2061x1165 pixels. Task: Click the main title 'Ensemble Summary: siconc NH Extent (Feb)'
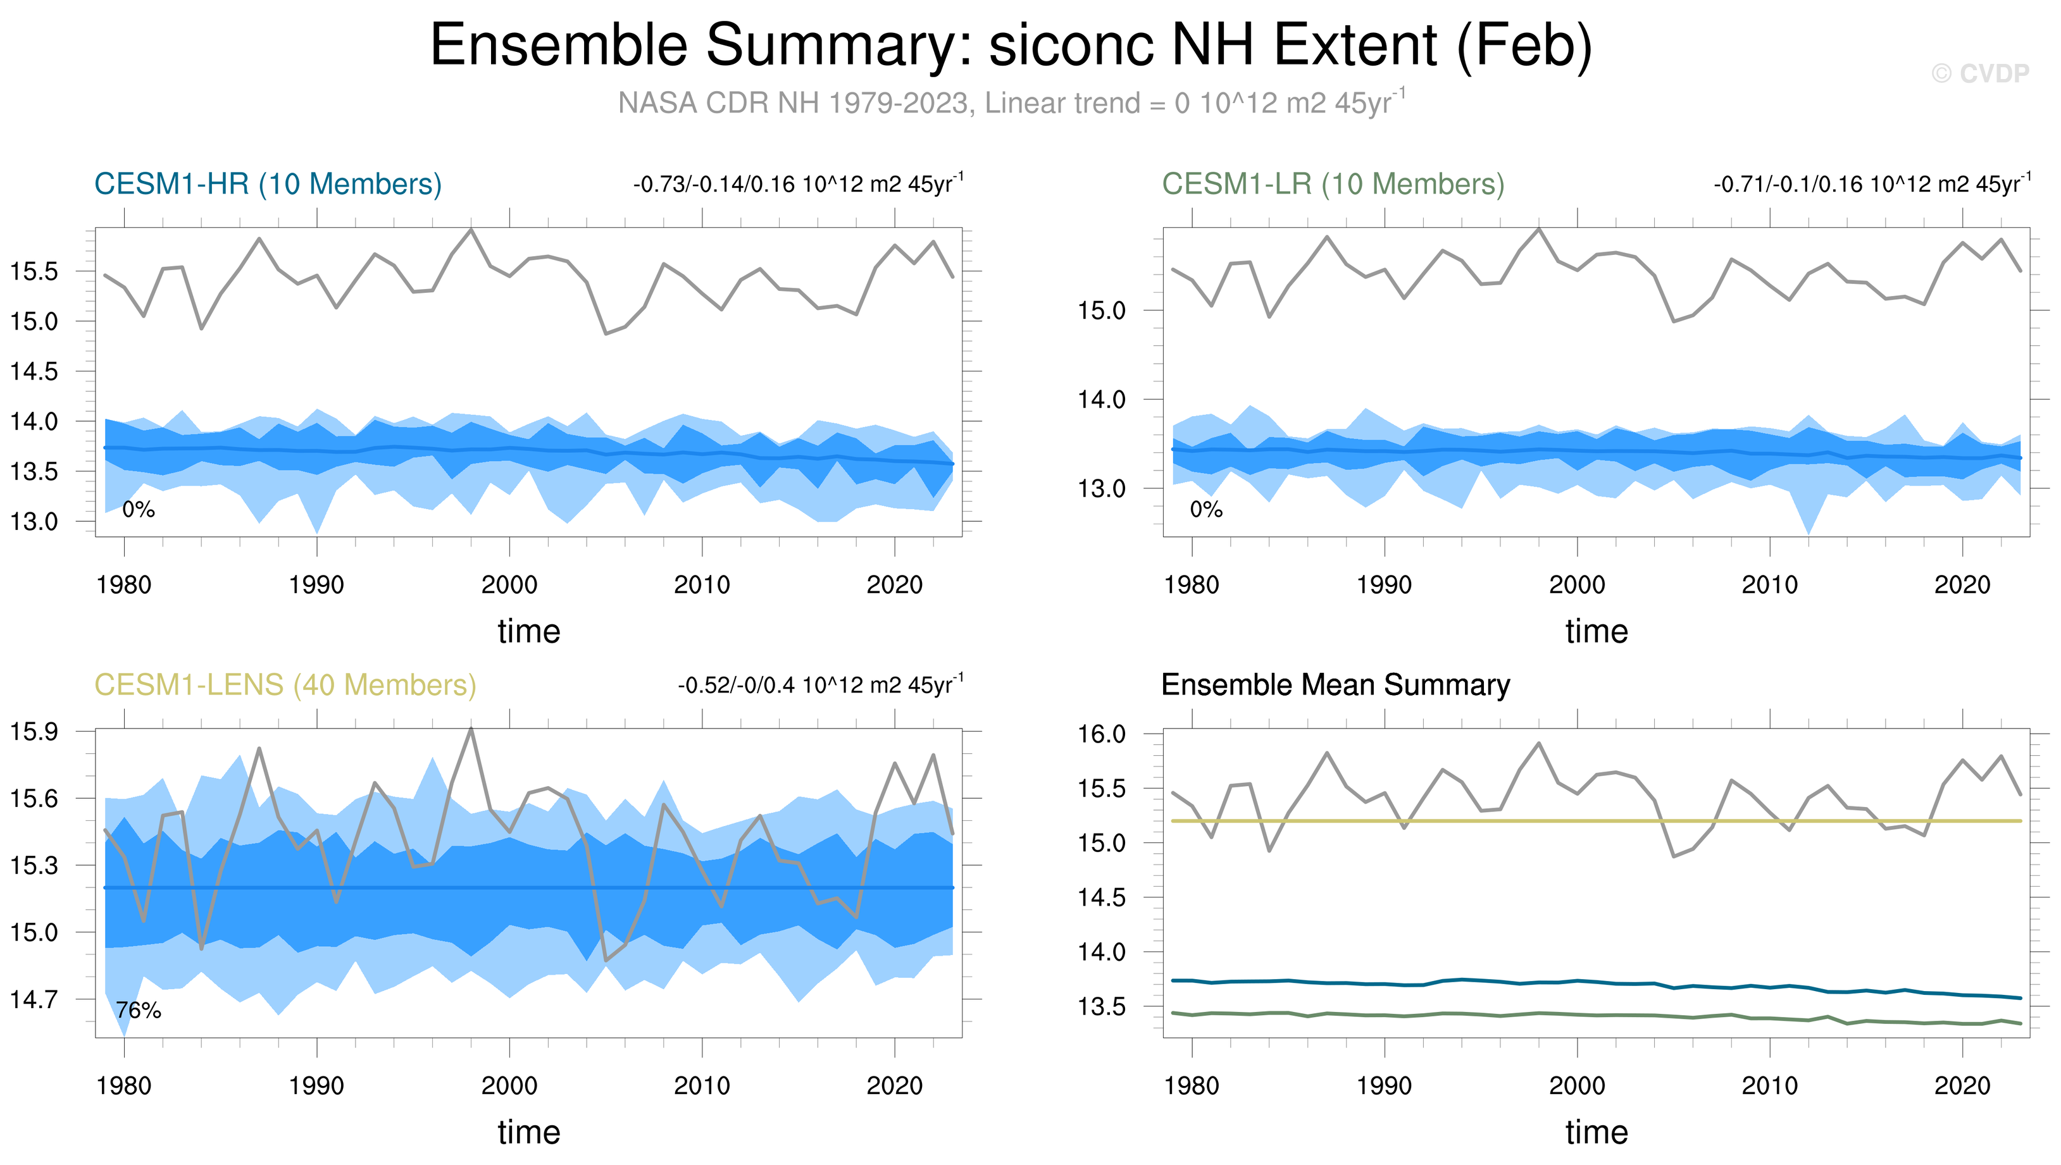coord(1011,45)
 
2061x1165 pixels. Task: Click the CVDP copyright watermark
coord(1979,73)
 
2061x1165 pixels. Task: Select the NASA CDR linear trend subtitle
coord(1011,103)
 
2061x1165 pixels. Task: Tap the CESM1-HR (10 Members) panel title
coord(267,184)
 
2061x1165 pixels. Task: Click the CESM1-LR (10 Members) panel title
coord(1333,184)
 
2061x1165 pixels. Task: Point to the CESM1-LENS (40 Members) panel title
coord(285,685)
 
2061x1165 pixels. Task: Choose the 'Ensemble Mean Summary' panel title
coord(1335,685)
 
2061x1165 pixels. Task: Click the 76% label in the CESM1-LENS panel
coord(139,1011)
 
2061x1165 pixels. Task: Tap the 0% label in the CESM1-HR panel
coord(139,510)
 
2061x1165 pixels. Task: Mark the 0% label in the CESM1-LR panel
coord(1206,510)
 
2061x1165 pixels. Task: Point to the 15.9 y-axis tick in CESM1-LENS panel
coord(34,731)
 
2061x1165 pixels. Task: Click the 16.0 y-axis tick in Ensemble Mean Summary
coord(1102,734)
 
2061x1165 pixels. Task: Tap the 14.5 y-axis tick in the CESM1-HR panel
coord(34,371)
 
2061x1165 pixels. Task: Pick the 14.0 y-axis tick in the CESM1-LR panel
coord(1102,399)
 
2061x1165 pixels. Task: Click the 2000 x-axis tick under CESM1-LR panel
coord(1577,585)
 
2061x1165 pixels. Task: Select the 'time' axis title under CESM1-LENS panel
coord(528,1132)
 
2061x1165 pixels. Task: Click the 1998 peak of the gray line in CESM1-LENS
coord(471,729)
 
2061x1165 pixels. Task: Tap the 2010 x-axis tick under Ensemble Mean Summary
coord(1770,1086)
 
